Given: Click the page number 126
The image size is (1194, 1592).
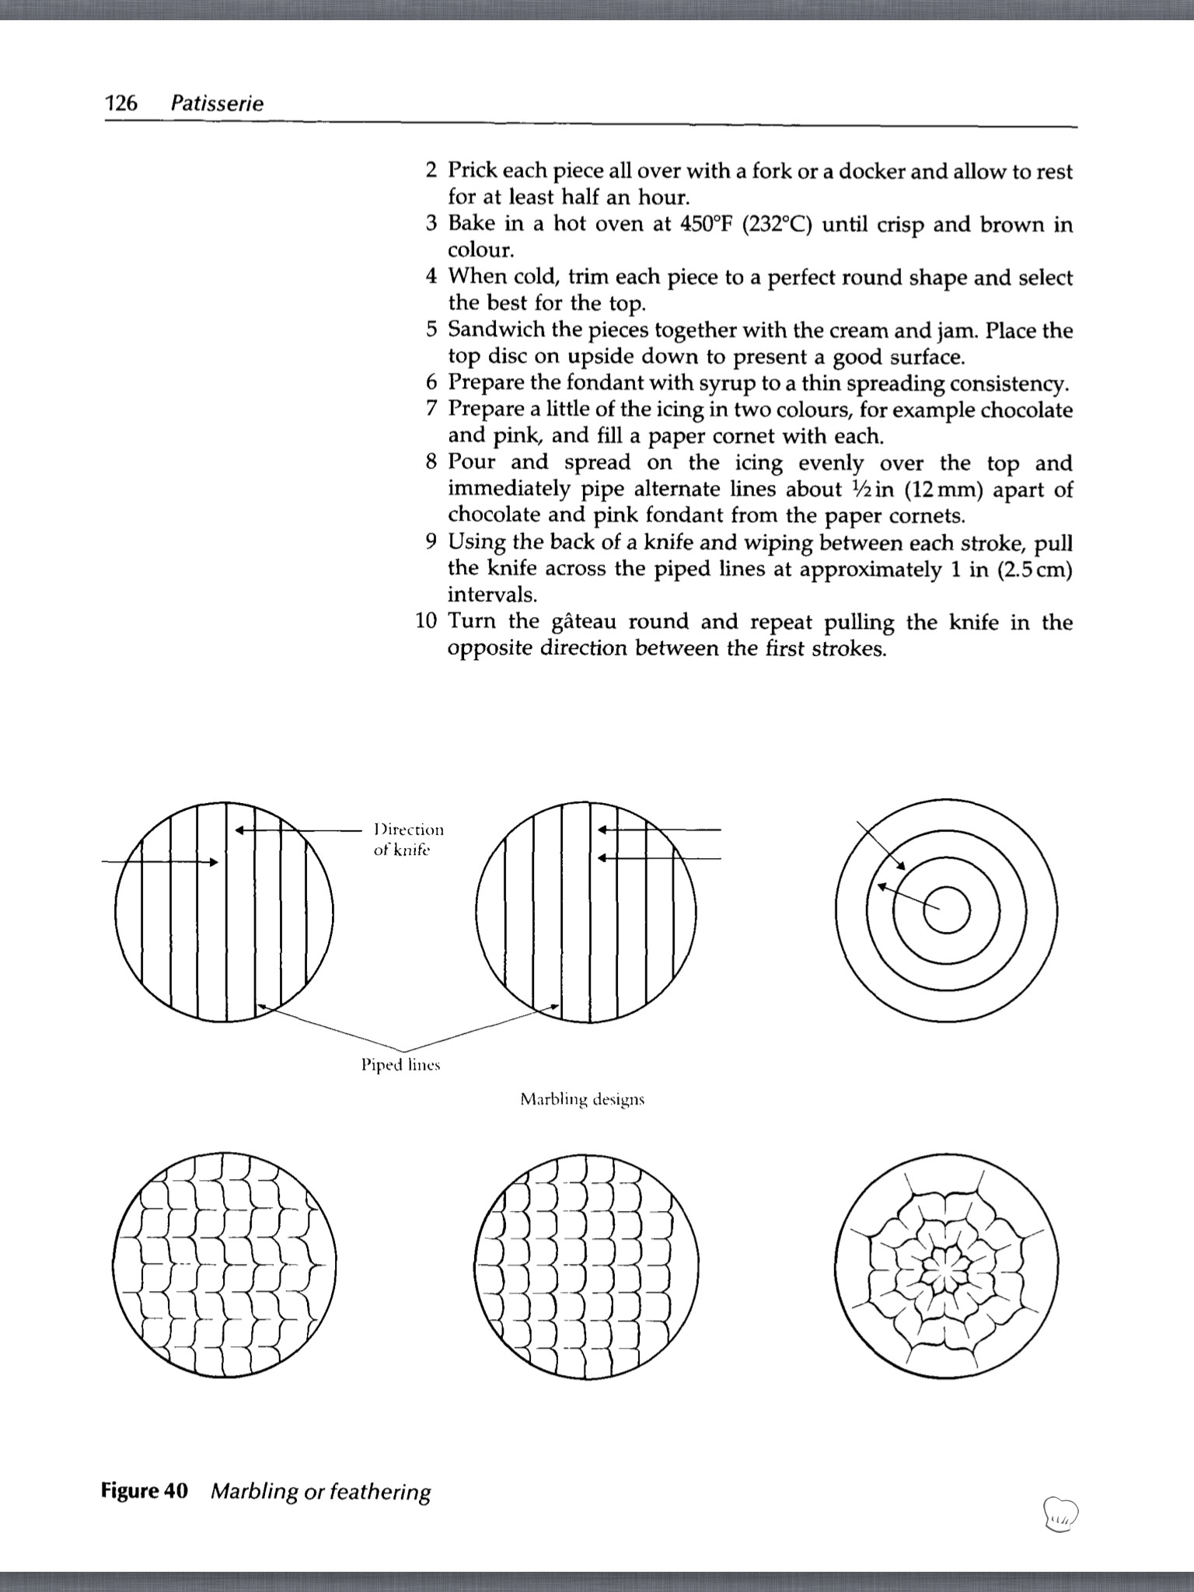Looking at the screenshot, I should point(120,103).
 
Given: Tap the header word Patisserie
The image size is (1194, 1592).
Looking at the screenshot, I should point(217,103).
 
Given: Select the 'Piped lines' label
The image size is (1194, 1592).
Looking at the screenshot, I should point(400,1064).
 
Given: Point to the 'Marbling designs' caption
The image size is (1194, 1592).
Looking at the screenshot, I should point(582,1099).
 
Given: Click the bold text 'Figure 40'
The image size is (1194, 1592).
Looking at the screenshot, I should point(145,1491).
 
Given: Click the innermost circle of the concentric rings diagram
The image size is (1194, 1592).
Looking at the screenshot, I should point(946,909).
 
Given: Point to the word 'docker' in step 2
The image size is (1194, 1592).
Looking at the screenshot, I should point(865,171).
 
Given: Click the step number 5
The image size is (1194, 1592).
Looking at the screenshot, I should point(432,330).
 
